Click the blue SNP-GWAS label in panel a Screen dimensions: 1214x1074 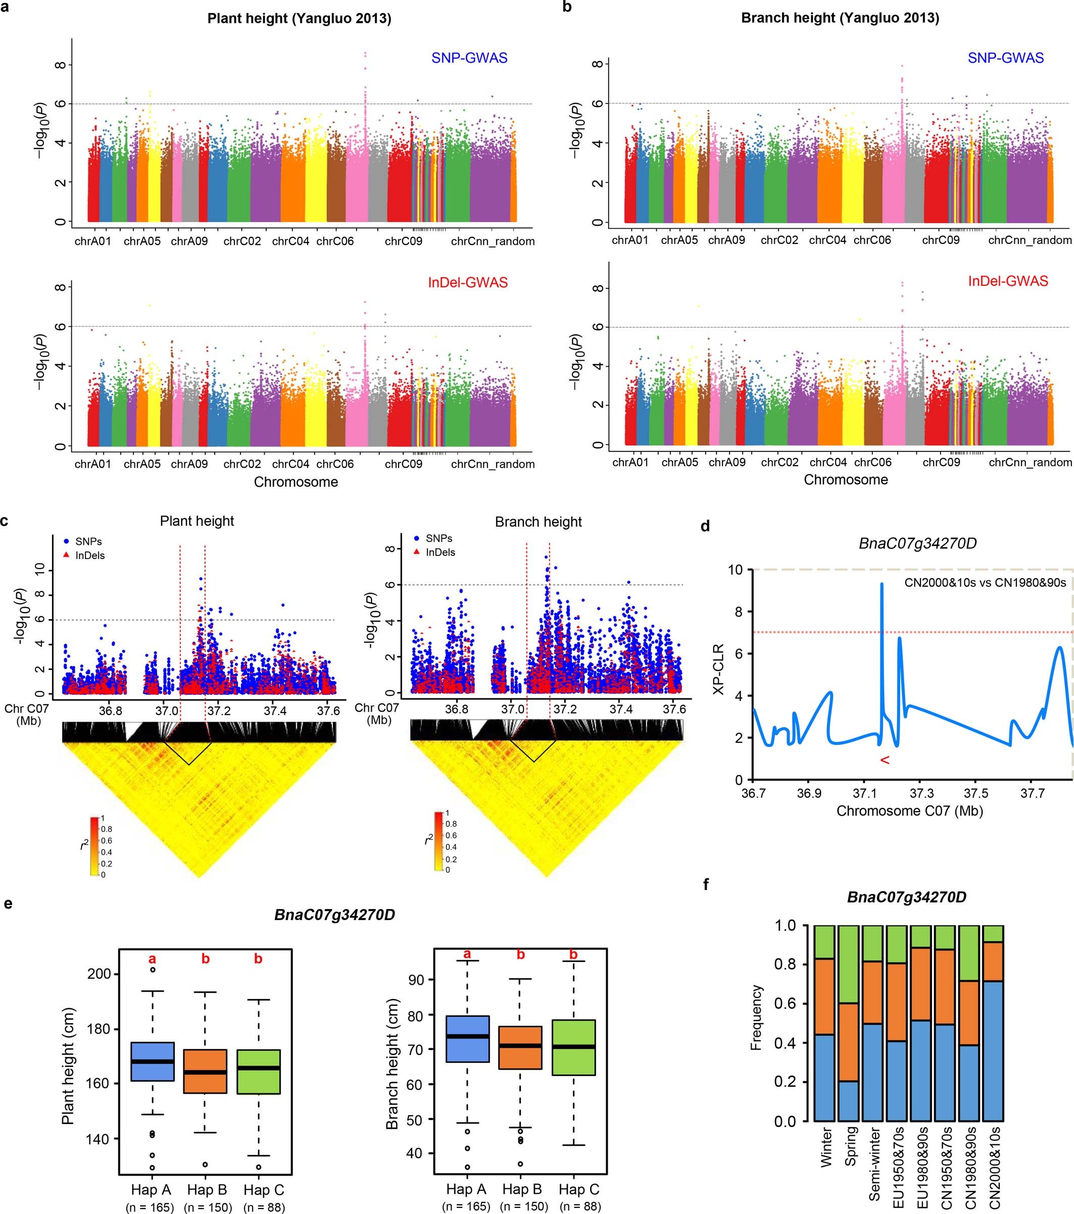pyautogui.click(x=469, y=58)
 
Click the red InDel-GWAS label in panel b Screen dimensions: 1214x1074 pyautogui.click(x=1007, y=281)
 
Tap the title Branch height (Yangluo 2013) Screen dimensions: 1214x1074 pyautogui.click(x=840, y=18)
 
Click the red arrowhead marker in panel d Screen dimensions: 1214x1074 pyautogui.click(x=885, y=760)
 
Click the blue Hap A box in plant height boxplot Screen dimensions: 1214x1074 pyautogui.click(x=153, y=1061)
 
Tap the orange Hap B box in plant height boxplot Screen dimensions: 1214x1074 pyautogui.click(x=205, y=1071)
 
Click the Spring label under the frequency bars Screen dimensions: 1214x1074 pyautogui.click(x=851, y=1146)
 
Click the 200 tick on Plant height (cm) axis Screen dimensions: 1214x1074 pyautogui.click(x=99, y=974)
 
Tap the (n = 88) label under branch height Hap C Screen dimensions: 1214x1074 pyautogui.click(x=580, y=1206)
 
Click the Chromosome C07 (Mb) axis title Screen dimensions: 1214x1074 pyautogui.click(x=909, y=811)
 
